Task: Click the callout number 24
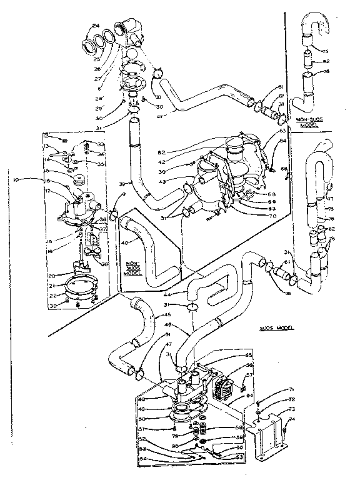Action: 96,25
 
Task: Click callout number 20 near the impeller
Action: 53,274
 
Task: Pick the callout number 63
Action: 282,131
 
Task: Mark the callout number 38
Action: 104,264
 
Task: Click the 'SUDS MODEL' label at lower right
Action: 276,327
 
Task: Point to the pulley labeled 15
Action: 79,179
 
